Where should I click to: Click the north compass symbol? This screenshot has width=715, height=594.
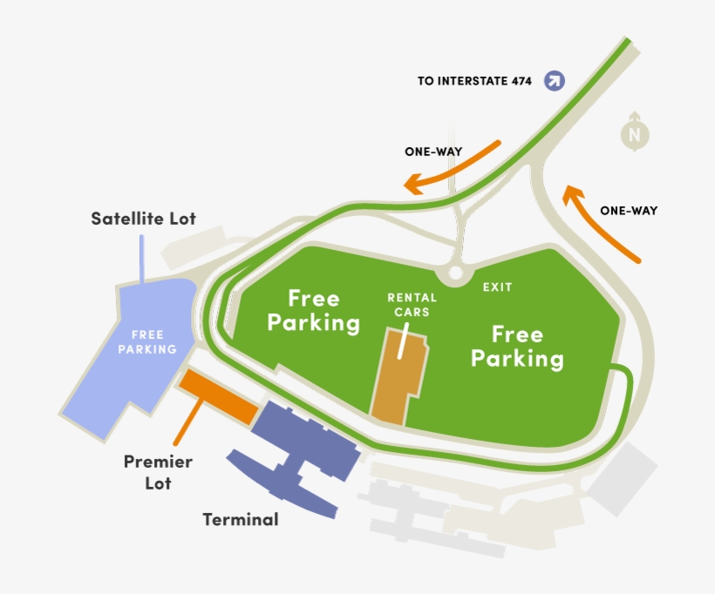pyautogui.click(x=635, y=132)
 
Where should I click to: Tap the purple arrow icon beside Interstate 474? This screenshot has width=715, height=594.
pyautogui.click(x=555, y=81)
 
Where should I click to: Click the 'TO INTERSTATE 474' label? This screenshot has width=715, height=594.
pyautogui.click(x=474, y=82)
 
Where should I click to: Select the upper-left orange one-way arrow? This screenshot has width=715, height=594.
pyautogui.click(x=451, y=166)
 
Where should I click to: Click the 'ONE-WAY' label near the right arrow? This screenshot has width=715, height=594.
pyautogui.click(x=629, y=210)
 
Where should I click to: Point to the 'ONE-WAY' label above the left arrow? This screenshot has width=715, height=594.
pyautogui.click(x=433, y=152)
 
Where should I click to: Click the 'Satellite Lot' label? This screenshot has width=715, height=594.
pyautogui.click(x=144, y=219)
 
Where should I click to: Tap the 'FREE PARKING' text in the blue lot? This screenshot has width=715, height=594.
pyautogui.click(x=153, y=341)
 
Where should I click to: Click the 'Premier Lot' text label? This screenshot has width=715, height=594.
pyautogui.click(x=158, y=471)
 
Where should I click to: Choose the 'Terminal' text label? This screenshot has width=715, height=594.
pyautogui.click(x=241, y=520)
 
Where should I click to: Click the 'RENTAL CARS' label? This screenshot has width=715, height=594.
pyautogui.click(x=412, y=304)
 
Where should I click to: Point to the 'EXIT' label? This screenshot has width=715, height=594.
pyautogui.click(x=498, y=287)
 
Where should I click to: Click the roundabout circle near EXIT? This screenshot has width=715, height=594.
pyautogui.click(x=454, y=274)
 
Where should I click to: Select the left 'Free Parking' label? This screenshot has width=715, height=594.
pyautogui.click(x=314, y=310)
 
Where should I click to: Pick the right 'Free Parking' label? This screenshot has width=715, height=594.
pyautogui.click(x=517, y=346)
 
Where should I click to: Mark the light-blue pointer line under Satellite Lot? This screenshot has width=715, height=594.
pyautogui.click(x=142, y=259)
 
